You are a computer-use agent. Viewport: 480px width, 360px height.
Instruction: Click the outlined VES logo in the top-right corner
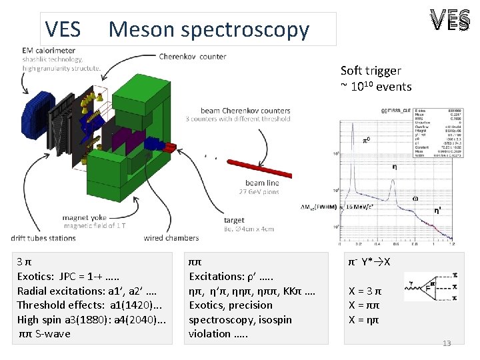point(449,22)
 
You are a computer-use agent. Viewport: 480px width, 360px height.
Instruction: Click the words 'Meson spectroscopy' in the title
point(209,30)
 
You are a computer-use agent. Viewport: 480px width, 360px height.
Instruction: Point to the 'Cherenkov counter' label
point(193,57)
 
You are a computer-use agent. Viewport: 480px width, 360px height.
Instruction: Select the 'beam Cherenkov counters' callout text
point(245,111)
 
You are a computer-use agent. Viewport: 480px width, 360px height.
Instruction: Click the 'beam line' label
point(263,183)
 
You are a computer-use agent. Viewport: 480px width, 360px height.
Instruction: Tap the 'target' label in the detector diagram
point(234,220)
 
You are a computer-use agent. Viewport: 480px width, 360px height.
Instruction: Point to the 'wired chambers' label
point(171,238)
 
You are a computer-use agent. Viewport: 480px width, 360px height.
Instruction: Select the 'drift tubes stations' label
point(43,238)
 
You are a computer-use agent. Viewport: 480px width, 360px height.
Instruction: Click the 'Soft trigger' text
point(371,71)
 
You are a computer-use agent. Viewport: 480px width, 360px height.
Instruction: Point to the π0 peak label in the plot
point(366,141)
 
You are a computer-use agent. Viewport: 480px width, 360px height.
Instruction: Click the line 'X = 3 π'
point(365,291)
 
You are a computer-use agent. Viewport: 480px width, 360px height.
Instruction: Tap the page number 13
point(447,343)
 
